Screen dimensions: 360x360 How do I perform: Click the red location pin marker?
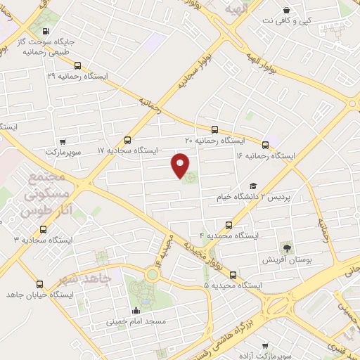coord(181,166)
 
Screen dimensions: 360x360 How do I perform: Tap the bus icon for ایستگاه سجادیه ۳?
coord(44,229)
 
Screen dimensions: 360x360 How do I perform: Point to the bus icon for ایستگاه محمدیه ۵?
coord(233,274)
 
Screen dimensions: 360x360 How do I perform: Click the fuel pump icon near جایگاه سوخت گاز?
coord(46,31)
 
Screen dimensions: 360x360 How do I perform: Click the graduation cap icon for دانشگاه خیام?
coord(252,186)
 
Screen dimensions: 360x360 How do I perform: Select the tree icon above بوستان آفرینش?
coord(287,247)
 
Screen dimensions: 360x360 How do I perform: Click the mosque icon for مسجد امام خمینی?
coord(136,311)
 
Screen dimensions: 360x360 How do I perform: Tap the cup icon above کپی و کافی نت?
coord(286,10)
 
